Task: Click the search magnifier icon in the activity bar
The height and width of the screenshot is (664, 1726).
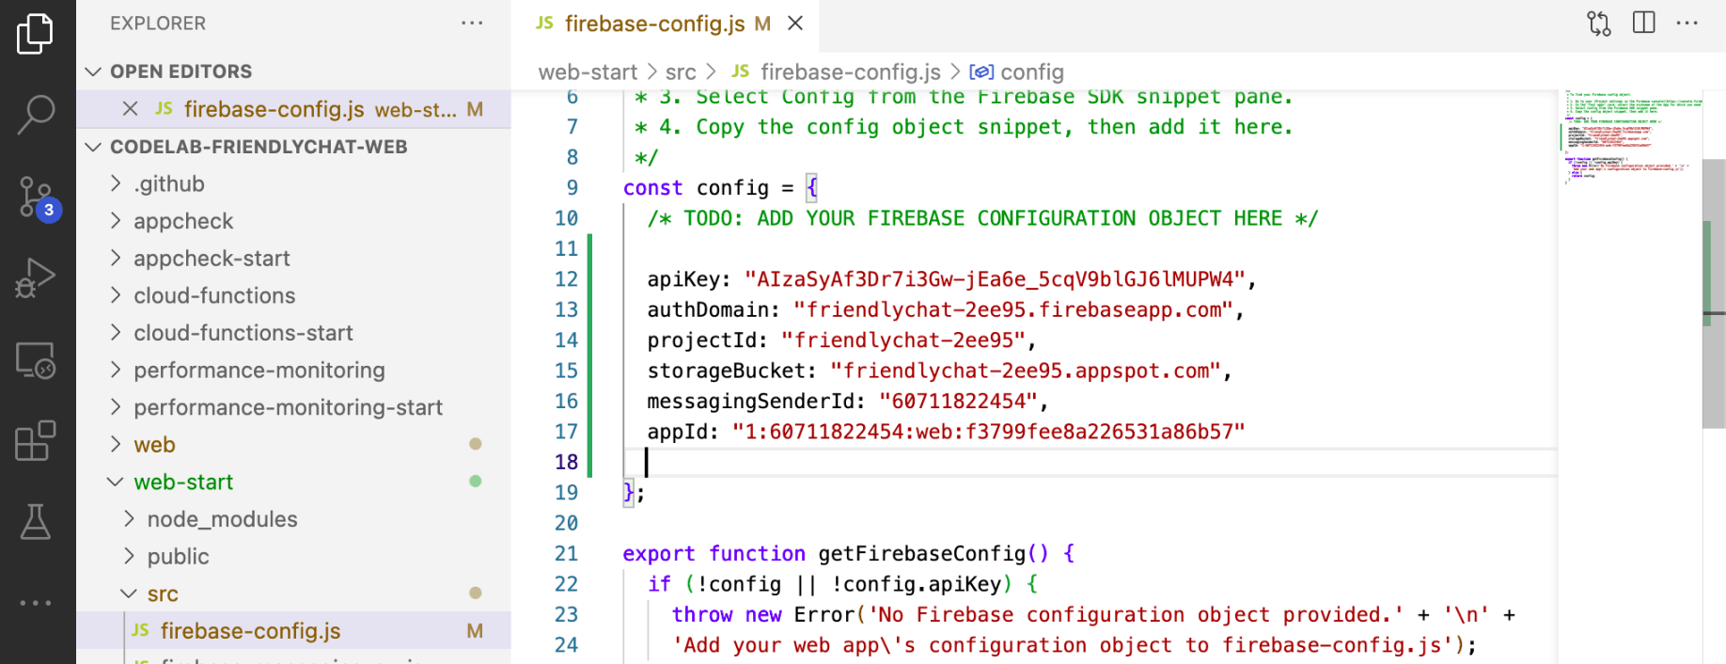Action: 36,114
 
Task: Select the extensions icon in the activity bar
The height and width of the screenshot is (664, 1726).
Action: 36,440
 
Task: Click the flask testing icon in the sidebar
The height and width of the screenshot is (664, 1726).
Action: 36,522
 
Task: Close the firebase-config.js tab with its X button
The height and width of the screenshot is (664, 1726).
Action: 795,24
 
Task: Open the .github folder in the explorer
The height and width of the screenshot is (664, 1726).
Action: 169,183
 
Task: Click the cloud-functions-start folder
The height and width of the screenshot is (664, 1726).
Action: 243,333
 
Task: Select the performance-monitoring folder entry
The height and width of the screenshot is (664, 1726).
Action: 259,371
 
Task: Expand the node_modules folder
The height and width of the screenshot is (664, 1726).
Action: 222,519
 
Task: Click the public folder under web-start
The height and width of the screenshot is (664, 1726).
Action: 178,557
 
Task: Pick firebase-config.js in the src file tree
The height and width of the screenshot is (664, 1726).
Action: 250,631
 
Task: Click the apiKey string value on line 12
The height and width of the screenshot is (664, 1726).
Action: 995,279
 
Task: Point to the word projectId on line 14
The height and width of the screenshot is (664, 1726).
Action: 701,340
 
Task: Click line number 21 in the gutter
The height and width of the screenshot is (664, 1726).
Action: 566,554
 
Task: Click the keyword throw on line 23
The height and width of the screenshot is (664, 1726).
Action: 701,615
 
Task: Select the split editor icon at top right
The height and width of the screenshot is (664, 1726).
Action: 1644,24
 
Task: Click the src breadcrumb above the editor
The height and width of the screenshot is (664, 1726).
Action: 681,72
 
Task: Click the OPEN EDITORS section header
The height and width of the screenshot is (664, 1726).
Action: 180,71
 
